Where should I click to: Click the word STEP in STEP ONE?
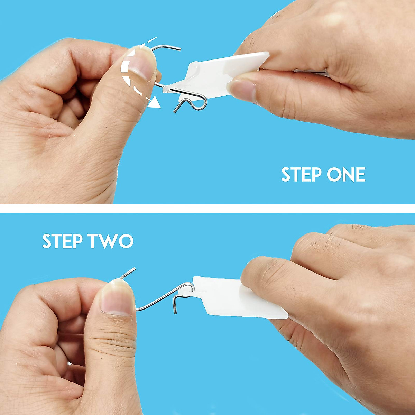pyautogui.click(x=301, y=175)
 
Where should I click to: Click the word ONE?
pyautogui.click(x=346, y=175)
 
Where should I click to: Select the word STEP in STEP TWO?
pyautogui.click(x=62, y=241)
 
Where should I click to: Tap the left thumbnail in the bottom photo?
pyautogui.click(x=117, y=297)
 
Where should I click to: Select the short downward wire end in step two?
pyautogui.click(x=175, y=306)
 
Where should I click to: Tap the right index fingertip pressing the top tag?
pyautogui.click(x=242, y=90)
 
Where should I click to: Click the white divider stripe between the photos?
pyautogui.click(x=207, y=209)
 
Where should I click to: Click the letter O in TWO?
pyautogui.click(x=126, y=241)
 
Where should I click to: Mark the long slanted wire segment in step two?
pyautogui.click(x=157, y=299)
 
